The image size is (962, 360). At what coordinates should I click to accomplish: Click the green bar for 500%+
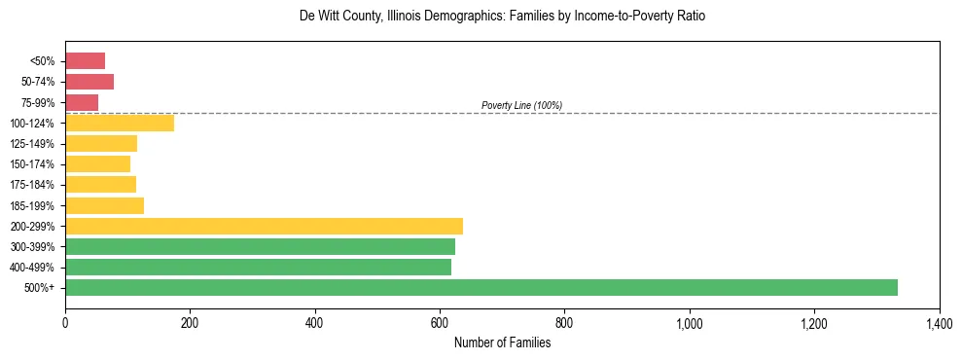pyautogui.click(x=481, y=287)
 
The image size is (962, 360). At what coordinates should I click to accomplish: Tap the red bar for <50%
pyautogui.click(x=85, y=61)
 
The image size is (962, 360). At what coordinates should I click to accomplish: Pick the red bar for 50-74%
pyautogui.click(x=89, y=82)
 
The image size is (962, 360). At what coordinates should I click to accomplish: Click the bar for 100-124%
pyautogui.click(x=120, y=123)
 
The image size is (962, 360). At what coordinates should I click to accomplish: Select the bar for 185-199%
pyautogui.click(x=104, y=205)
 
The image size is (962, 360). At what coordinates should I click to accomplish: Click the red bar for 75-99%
pyautogui.click(x=82, y=102)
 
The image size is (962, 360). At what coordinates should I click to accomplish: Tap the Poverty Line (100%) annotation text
pyautogui.click(x=521, y=105)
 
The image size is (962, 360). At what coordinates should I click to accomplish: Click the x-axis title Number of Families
pyautogui.click(x=502, y=342)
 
